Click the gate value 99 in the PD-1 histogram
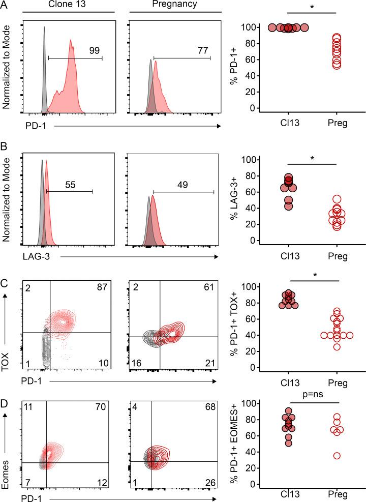pos(93,50)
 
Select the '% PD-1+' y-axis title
pos(235,65)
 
